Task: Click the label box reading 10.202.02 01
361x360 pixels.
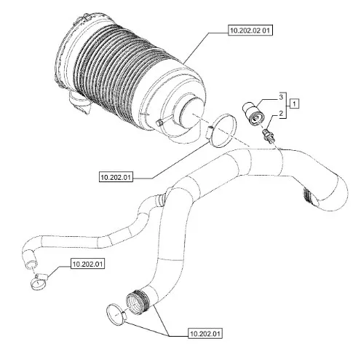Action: pos(250,31)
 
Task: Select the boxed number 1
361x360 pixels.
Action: pos(294,104)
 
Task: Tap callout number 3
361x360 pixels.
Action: pos(281,97)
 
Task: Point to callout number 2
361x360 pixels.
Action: pos(281,113)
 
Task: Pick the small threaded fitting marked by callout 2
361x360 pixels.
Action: pos(269,135)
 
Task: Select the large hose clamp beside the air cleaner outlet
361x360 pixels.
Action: pos(221,130)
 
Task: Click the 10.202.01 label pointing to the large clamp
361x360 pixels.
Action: pos(116,177)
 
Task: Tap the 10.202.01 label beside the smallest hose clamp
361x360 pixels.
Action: pos(88,264)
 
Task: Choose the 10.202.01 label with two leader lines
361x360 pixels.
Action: pos(205,334)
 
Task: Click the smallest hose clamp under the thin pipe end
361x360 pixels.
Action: pos(39,283)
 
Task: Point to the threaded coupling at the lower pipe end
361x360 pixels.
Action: pos(138,302)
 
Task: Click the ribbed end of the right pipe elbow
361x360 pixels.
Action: pos(309,195)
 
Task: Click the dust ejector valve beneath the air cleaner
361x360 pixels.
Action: pos(80,103)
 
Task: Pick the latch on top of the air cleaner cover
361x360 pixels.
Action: pos(82,17)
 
